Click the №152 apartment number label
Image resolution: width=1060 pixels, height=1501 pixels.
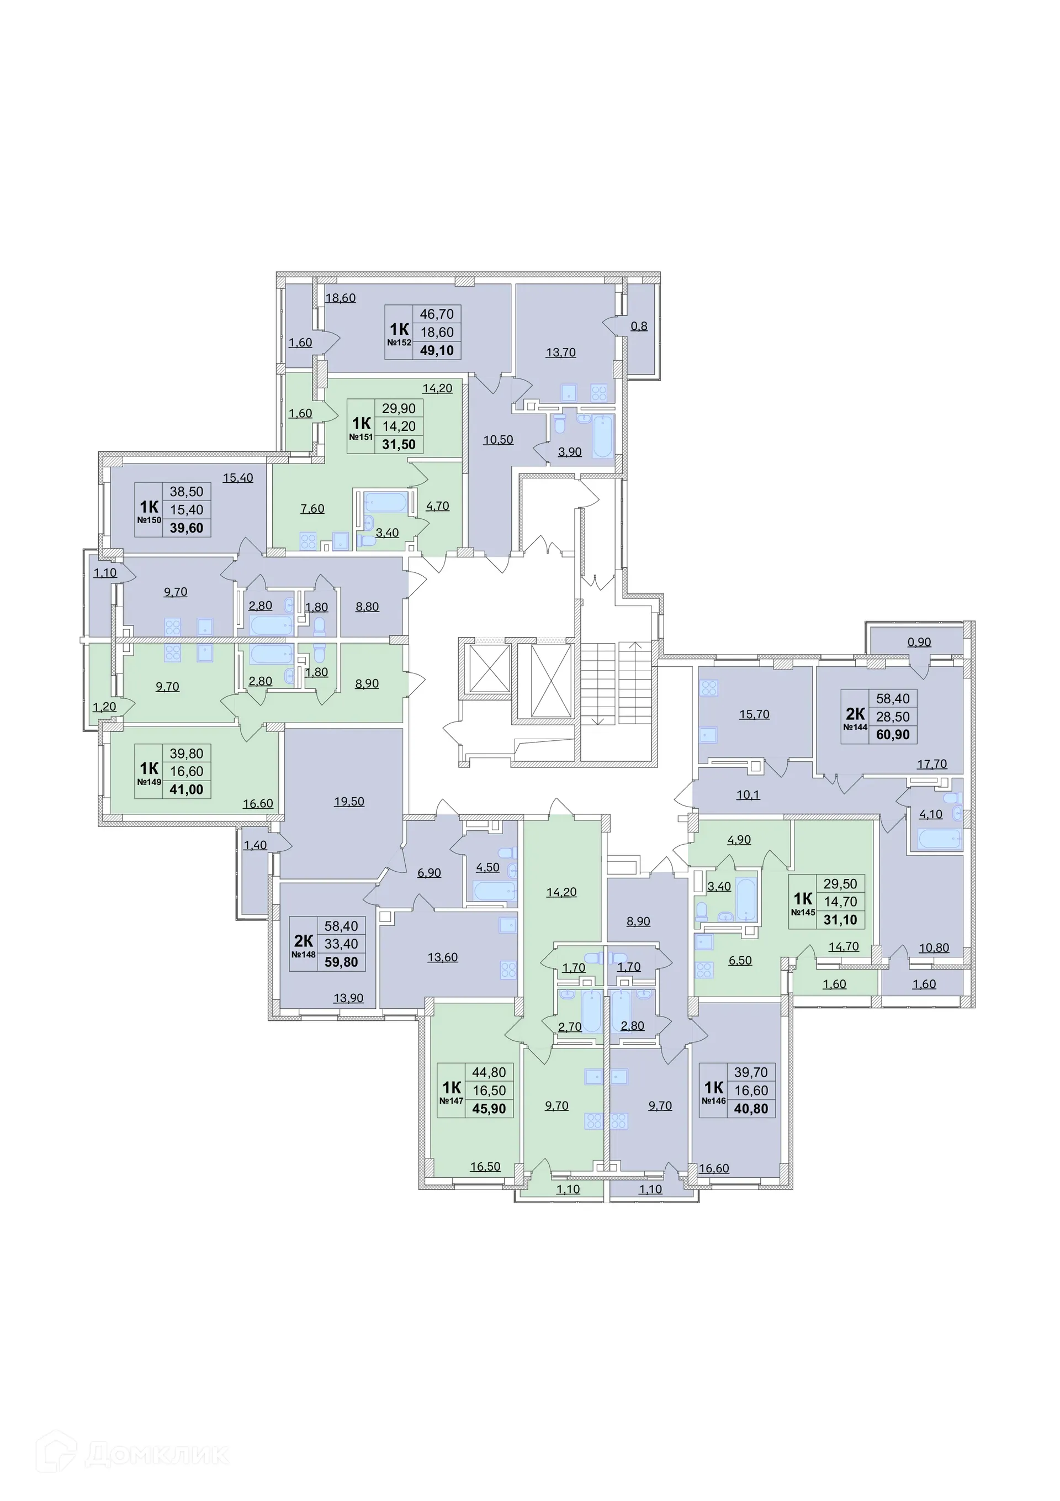(x=399, y=343)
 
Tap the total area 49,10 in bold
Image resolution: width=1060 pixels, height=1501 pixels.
(x=437, y=350)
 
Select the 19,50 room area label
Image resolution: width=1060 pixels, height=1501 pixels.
(x=349, y=802)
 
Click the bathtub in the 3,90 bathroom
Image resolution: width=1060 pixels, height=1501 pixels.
(x=602, y=436)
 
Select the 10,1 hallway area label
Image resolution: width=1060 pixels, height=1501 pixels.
(x=748, y=795)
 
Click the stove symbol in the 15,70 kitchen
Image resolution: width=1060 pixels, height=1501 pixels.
(x=708, y=688)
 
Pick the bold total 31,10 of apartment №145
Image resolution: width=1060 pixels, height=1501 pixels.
(x=840, y=920)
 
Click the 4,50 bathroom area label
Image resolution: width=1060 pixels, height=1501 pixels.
(x=487, y=867)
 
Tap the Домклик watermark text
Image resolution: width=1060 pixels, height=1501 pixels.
(x=157, y=1455)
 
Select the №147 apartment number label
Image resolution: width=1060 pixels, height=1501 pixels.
(x=451, y=1101)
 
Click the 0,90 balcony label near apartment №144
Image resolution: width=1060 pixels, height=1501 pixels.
(x=919, y=642)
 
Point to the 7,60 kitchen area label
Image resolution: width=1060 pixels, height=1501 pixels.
(x=312, y=509)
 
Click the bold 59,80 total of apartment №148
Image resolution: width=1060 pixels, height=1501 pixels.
(x=341, y=962)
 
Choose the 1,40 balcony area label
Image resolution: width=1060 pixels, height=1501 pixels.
(x=255, y=845)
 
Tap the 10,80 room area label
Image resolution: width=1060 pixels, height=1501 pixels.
(x=933, y=948)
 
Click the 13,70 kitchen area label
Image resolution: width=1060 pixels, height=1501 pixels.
(x=560, y=352)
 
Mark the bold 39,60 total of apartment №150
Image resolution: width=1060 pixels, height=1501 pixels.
(x=186, y=528)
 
